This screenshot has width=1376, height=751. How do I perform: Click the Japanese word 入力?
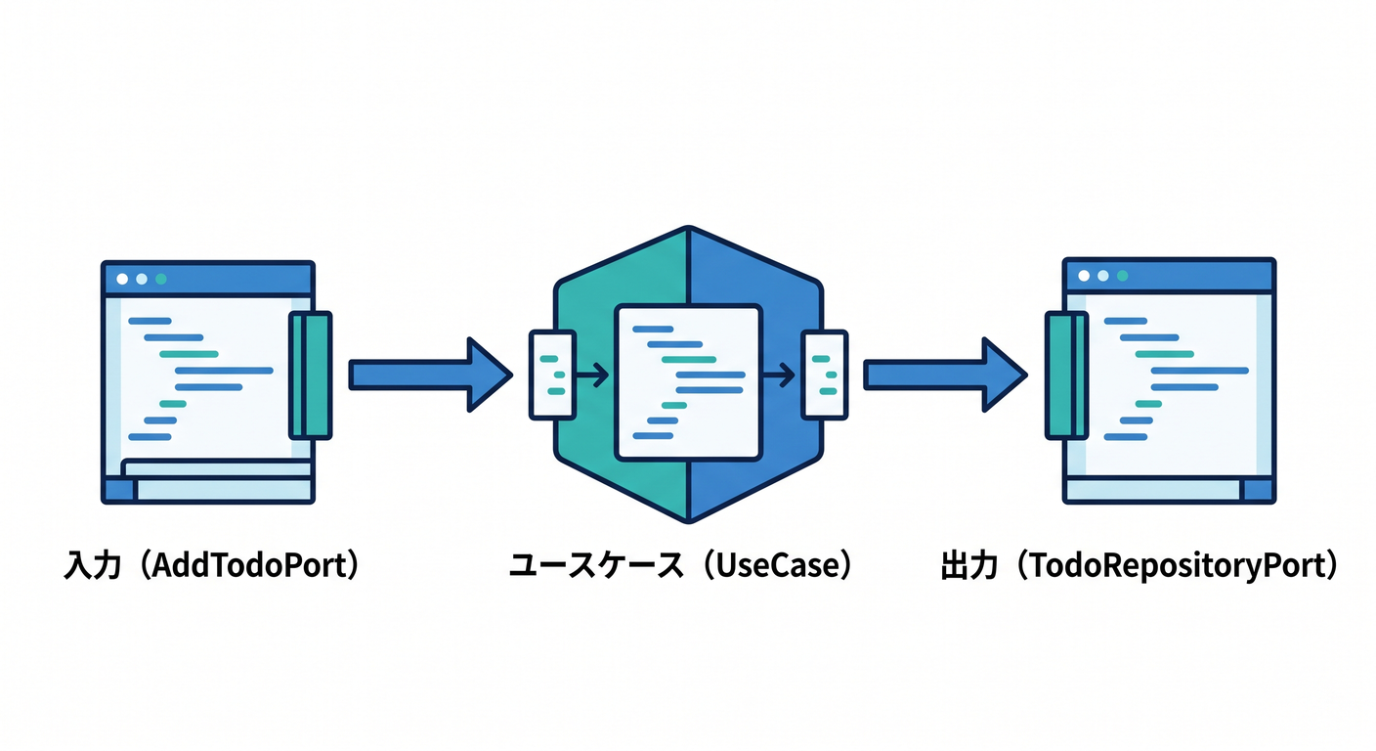coord(93,565)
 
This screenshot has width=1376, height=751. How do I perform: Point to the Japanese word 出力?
coord(969,565)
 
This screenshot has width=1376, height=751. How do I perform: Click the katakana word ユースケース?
coord(596,565)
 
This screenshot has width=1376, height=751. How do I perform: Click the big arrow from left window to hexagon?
coord(431,375)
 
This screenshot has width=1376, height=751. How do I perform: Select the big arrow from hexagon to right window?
coord(945,375)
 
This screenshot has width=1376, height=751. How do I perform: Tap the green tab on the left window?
coord(311,375)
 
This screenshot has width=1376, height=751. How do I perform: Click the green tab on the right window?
coord(1067,375)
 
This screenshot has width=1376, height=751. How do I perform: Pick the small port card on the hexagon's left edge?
coord(552,375)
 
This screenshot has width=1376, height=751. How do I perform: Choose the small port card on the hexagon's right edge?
coord(825,375)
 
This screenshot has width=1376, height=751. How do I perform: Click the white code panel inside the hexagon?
coord(689,382)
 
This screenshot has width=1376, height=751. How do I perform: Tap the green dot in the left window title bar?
coord(161,279)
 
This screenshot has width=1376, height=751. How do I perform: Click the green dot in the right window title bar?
coord(1122,276)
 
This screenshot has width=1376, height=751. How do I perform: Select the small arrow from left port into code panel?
coord(593,375)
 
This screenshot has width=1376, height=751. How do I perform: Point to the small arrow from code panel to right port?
coord(780,375)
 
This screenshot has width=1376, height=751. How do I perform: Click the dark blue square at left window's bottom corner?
coord(119,491)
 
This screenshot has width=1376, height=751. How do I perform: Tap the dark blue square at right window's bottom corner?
coord(1258,491)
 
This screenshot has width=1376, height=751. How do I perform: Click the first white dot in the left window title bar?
coord(122,279)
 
